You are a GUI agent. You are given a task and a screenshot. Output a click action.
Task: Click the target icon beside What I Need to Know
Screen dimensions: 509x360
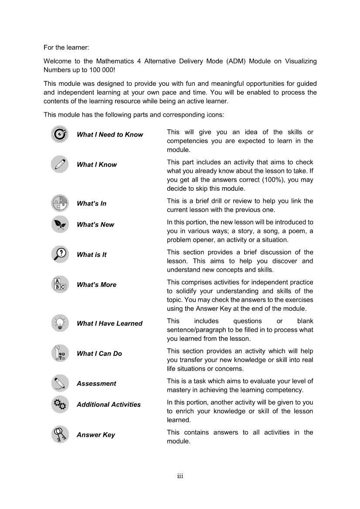coord(59,134)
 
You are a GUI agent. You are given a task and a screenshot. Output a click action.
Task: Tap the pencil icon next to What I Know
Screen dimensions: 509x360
coord(59,164)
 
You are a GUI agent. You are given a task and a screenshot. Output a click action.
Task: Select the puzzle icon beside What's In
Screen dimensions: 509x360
coord(59,203)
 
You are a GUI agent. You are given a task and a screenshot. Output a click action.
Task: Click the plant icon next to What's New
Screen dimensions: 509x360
coord(59,224)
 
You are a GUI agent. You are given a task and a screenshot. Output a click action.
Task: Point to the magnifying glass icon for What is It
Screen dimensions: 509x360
coord(59,254)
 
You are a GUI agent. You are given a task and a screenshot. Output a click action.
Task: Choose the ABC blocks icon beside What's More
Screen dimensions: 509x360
coord(59,284)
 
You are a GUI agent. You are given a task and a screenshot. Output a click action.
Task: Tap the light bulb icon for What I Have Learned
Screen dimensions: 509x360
coord(59,323)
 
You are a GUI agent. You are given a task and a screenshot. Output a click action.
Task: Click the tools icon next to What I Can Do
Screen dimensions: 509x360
coord(59,353)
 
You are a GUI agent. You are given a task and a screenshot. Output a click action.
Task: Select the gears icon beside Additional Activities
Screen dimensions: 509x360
coord(59,405)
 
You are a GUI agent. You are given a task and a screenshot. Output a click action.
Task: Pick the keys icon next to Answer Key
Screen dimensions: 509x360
coord(59,435)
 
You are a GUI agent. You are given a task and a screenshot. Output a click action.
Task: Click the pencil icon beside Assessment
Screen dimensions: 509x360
coord(59,383)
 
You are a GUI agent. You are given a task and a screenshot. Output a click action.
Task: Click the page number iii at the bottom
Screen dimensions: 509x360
coord(180,476)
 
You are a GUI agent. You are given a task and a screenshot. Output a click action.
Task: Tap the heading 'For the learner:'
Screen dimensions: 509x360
coord(66,47)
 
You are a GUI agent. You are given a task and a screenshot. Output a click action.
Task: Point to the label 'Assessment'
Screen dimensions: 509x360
coord(96,384)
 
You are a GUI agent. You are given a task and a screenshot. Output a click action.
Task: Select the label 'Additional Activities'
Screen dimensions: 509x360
coord(109,405)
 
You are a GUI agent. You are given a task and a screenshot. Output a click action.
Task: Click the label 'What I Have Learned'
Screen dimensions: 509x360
coord(109,324)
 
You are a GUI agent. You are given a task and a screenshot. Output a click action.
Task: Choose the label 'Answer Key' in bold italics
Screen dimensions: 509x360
coord(96,435)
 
